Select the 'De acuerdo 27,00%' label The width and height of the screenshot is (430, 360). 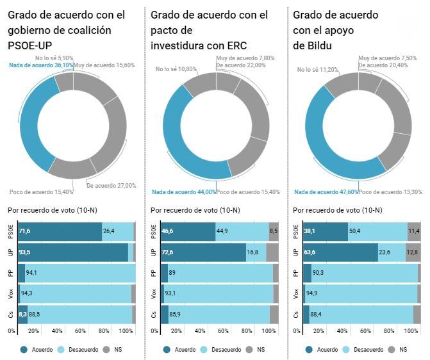coord(111,186)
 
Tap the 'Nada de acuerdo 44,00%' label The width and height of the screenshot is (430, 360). coord(184,192)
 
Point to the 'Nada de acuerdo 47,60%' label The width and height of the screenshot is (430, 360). coord(326,192)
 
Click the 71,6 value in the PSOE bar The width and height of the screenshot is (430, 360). coord(25,231)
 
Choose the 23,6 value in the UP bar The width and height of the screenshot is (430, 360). coord(384,252)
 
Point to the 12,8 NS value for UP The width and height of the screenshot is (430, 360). coord(411,252)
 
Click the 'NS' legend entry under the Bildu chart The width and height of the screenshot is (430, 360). coord(402,350)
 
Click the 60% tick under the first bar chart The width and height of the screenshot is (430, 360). coord(81,331)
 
